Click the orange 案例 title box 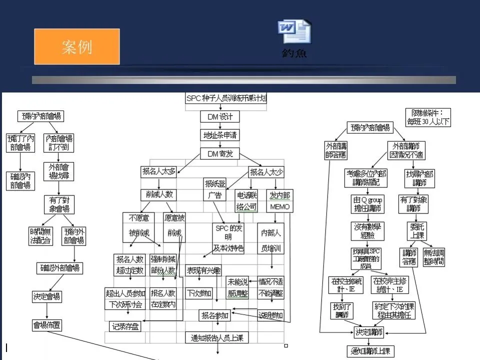click(76, 46)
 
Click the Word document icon click(294, 31)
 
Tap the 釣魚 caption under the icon click(294, 53)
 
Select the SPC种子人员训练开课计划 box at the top click(226, 98)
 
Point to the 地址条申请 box click(220, 135)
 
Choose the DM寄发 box click(220, 153)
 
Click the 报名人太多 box click(158, 172)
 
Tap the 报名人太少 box click(266, 172)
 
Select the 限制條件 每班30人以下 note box click(427, 117)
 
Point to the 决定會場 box click(47, 296)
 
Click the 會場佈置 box click(47, 325)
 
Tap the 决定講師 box click(369, 332)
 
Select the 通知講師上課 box click(370, 351)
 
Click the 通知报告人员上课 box click(216, 338)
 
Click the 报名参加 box click(215, 315)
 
